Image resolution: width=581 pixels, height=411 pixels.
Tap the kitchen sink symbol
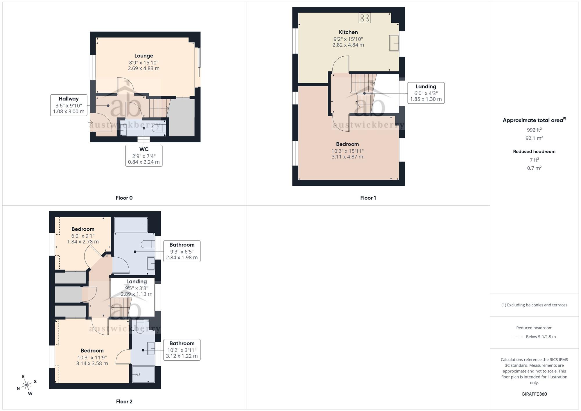(394, 43)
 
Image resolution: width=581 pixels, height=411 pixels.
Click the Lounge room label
(144, 56)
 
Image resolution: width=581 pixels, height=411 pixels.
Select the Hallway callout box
(69, 105)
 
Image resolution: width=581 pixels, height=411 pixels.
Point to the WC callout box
(144, 156)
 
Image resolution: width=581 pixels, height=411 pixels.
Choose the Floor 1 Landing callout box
(426, 93)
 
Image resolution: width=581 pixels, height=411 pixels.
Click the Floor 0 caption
(124, 198)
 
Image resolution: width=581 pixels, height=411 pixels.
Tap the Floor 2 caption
(124, 401)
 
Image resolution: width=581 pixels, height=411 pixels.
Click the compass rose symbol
(27, 385)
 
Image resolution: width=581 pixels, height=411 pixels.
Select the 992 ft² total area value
(534, 130)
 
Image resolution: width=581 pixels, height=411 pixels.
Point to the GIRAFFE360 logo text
(534, 394)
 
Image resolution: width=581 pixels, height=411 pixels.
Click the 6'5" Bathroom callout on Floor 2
(182, 251)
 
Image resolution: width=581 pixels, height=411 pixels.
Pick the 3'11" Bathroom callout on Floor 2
(182, 350)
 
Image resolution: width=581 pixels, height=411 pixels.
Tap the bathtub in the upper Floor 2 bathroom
(131, 225)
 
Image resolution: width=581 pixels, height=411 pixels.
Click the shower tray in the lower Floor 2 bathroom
(143, 374)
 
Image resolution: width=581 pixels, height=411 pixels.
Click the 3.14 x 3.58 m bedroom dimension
(92, 363)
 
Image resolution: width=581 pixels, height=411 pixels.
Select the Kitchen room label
(348, 32)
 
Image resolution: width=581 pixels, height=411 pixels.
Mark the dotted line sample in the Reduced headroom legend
(518, 337)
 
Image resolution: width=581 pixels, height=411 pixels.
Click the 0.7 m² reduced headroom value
(534, 168)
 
